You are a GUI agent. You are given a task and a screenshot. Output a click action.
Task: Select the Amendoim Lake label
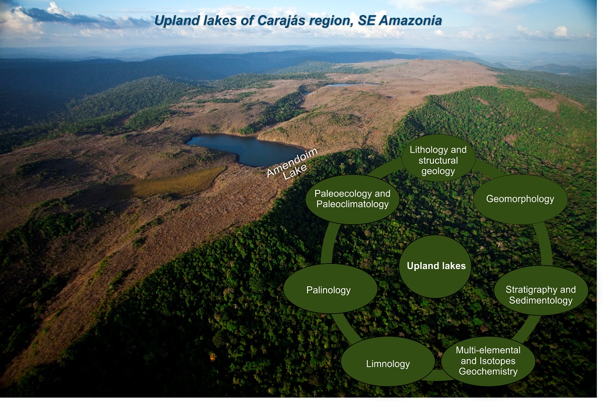pyautogui.click(x=292, y=164)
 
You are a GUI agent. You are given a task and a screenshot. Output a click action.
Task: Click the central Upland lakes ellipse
pyautogui.click(x=436, y=266)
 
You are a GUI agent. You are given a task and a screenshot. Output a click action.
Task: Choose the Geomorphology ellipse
pyautogui.click(x=520, y=199)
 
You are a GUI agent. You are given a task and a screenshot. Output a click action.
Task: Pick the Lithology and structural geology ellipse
pyautogui.click(x=438, y=158)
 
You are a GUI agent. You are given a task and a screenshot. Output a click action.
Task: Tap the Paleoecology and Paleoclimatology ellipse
pyautogui.click(x=352, y=199)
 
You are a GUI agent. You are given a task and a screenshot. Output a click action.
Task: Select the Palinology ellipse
pyautogui.click(x=330, y=289)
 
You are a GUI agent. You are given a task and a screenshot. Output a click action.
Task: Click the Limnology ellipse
pyautogui.click(x=388, y=362)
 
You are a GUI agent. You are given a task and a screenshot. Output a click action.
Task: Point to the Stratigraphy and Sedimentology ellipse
pyautogui.click(x=541, y=290)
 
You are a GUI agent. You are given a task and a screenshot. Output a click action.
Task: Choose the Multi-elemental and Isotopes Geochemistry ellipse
pyautogui.click(x=488, y=361)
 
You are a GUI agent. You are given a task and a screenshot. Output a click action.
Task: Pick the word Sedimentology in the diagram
pyautogui.click(x=541, y=300)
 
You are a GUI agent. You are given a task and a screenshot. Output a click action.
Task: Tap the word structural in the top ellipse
pyautogui.click(x=438, y=161)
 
